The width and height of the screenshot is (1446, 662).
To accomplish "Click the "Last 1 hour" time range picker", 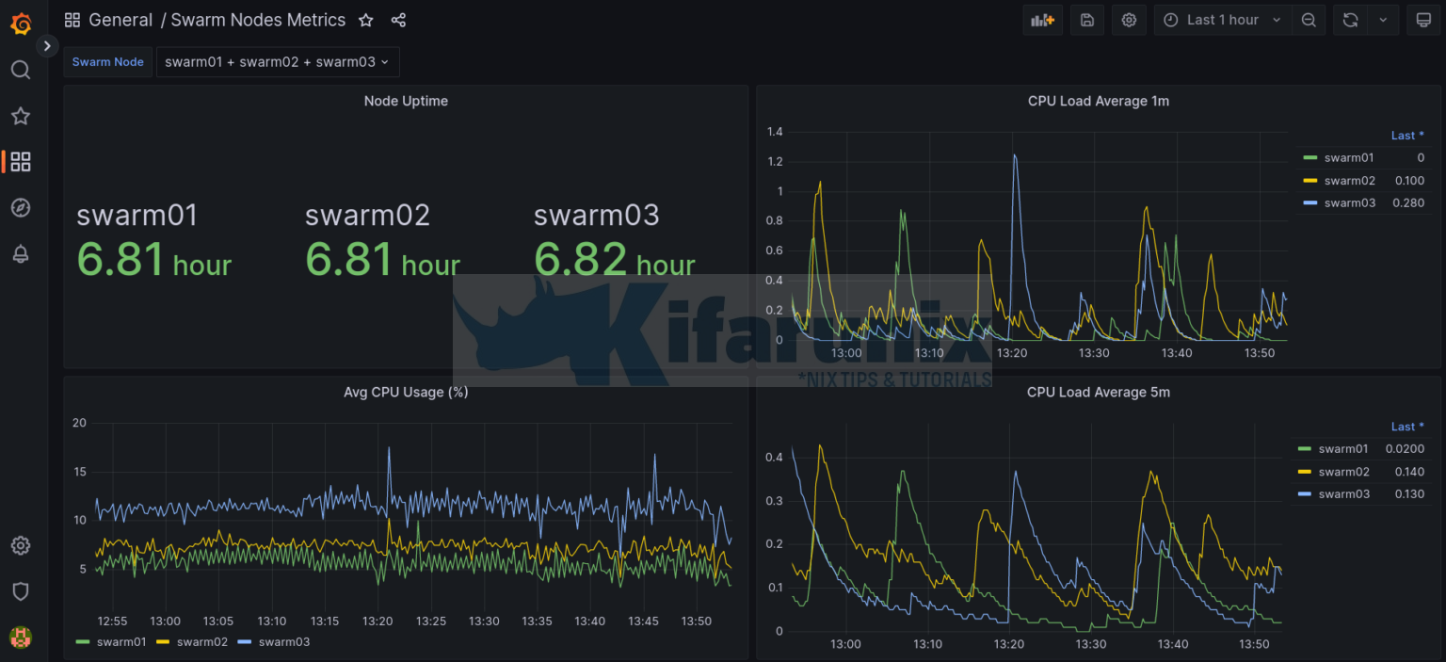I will pos(1221,20).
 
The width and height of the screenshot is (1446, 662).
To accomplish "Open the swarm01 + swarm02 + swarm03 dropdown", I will pos(277,62).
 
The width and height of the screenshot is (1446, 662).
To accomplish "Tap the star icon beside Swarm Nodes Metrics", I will pos(366,20).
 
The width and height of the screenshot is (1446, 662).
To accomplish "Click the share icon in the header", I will pos(398,20).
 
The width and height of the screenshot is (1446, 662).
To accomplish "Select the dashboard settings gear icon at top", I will pos(1129,20).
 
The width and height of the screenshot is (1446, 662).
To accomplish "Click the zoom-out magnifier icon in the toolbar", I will pos(1309,20).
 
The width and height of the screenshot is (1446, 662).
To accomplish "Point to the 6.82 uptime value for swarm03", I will pos(580,259).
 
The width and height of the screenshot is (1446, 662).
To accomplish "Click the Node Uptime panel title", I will pos(406,101).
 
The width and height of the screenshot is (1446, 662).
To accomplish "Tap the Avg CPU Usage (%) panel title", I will pos(406,392).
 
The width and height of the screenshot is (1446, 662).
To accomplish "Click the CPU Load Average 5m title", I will pos(1098,392).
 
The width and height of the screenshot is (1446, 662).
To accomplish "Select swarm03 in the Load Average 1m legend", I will pos(1349,202).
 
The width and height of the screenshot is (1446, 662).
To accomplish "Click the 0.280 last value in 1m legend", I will pos(1409,202).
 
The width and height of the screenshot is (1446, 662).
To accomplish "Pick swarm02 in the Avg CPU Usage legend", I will pos(201,641).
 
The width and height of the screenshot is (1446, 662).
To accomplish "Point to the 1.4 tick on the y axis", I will pos(775,131).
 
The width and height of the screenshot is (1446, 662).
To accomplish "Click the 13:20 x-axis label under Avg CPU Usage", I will pos(378,621).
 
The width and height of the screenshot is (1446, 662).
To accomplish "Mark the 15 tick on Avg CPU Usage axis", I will pos(79,472).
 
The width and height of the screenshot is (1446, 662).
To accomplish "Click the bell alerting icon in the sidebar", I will pos(21,253).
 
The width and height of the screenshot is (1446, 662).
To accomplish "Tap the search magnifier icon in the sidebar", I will pos(21,71).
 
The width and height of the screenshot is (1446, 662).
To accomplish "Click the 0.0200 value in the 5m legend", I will pos(1405,449).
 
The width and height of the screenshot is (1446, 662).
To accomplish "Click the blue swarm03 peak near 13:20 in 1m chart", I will pos(1015,155).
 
